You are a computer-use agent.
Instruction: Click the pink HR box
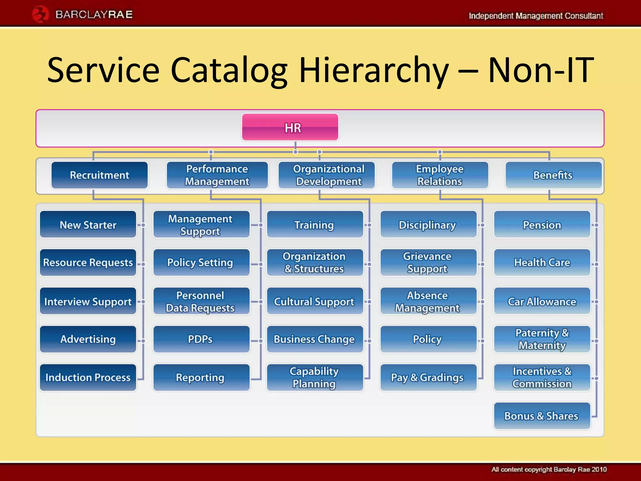pyautogui.click(x=290, y=127)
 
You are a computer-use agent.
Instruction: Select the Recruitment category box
pyautogui.click(x=100, y=175)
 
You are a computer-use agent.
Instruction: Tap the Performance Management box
pyautogui.click(x=217, y=175)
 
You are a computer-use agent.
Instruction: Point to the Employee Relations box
pyautogui.click(x=440, y=175)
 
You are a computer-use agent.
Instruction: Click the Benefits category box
pyautogui.click(x=553, y=175)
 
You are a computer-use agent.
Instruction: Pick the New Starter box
pyautogui.click(x=88, y=225)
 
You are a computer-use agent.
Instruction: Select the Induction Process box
pyautogui.click(x=88, y=377)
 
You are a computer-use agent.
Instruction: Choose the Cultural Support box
pyautogui.click(x=315, y=301)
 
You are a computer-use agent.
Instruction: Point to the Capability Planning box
pyautogui.click(x=315, y=377)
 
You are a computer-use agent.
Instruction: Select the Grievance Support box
pyautogui.click(x=428, y=262)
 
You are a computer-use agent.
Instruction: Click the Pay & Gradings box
pyautogui.click(x=428, y=377)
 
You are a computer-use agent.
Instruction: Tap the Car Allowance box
pyautogui.click(x=542, y=301)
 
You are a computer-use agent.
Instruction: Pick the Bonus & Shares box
pyautogui.click(x=542, y=416)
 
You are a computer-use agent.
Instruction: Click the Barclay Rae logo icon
pyautogui.click(x=40, y=14)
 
